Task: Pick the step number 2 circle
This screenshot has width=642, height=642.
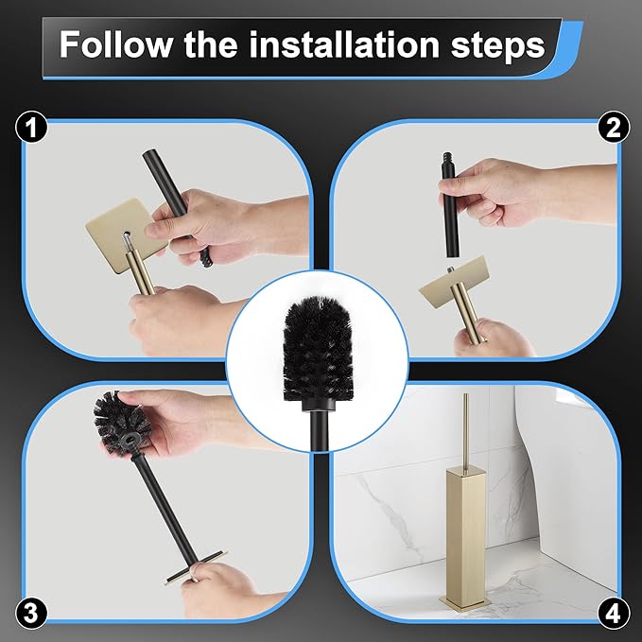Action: [x=612, y=128]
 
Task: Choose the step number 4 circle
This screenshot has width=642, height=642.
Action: [x=612, y=613]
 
